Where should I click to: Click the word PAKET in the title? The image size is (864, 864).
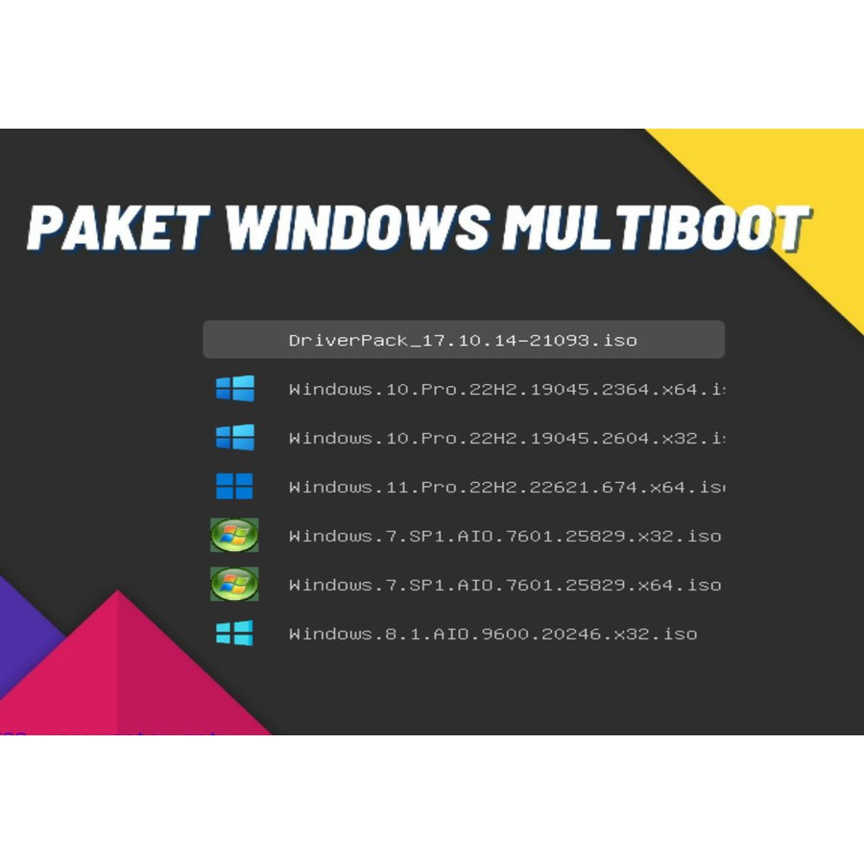118,228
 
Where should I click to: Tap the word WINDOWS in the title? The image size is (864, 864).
356,228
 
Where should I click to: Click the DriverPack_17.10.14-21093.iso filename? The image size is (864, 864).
463,340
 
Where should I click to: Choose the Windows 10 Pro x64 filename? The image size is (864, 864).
506,389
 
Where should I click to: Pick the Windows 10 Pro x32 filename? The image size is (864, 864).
506,438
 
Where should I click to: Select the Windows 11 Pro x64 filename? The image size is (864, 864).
506,487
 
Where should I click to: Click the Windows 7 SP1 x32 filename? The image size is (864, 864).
504,536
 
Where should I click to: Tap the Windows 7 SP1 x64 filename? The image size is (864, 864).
504,585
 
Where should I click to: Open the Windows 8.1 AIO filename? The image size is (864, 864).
492,634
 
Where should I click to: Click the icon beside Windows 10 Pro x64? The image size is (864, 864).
234,389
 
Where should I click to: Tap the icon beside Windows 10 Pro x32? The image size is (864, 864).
234,438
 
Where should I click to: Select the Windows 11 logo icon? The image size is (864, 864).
234,487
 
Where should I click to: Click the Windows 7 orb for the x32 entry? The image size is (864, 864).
234,536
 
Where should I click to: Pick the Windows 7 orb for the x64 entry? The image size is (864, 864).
234,584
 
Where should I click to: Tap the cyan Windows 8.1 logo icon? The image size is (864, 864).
234,634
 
